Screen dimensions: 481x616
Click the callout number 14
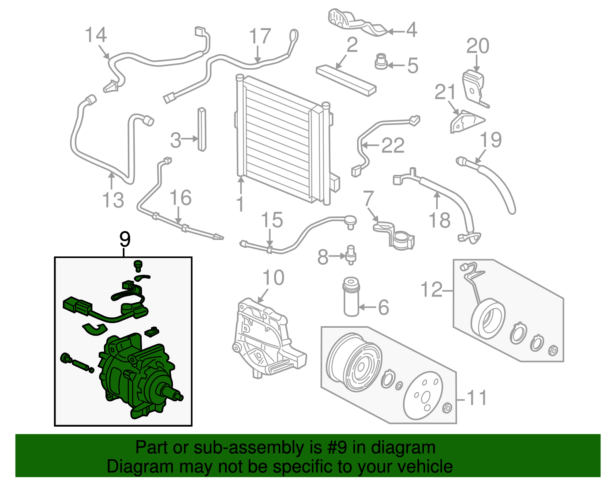coord(95,35)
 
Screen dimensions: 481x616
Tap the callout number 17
coord(260,37)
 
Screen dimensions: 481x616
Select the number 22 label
coord(393,146)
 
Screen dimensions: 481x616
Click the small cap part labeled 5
coord(381,62)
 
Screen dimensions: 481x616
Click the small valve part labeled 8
coord(351,255)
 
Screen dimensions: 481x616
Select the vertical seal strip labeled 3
coord(202,129)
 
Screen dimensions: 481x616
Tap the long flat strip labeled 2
coord(346,80)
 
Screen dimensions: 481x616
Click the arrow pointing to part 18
coord(437,200)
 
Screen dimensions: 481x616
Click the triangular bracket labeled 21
coord(466,121)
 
